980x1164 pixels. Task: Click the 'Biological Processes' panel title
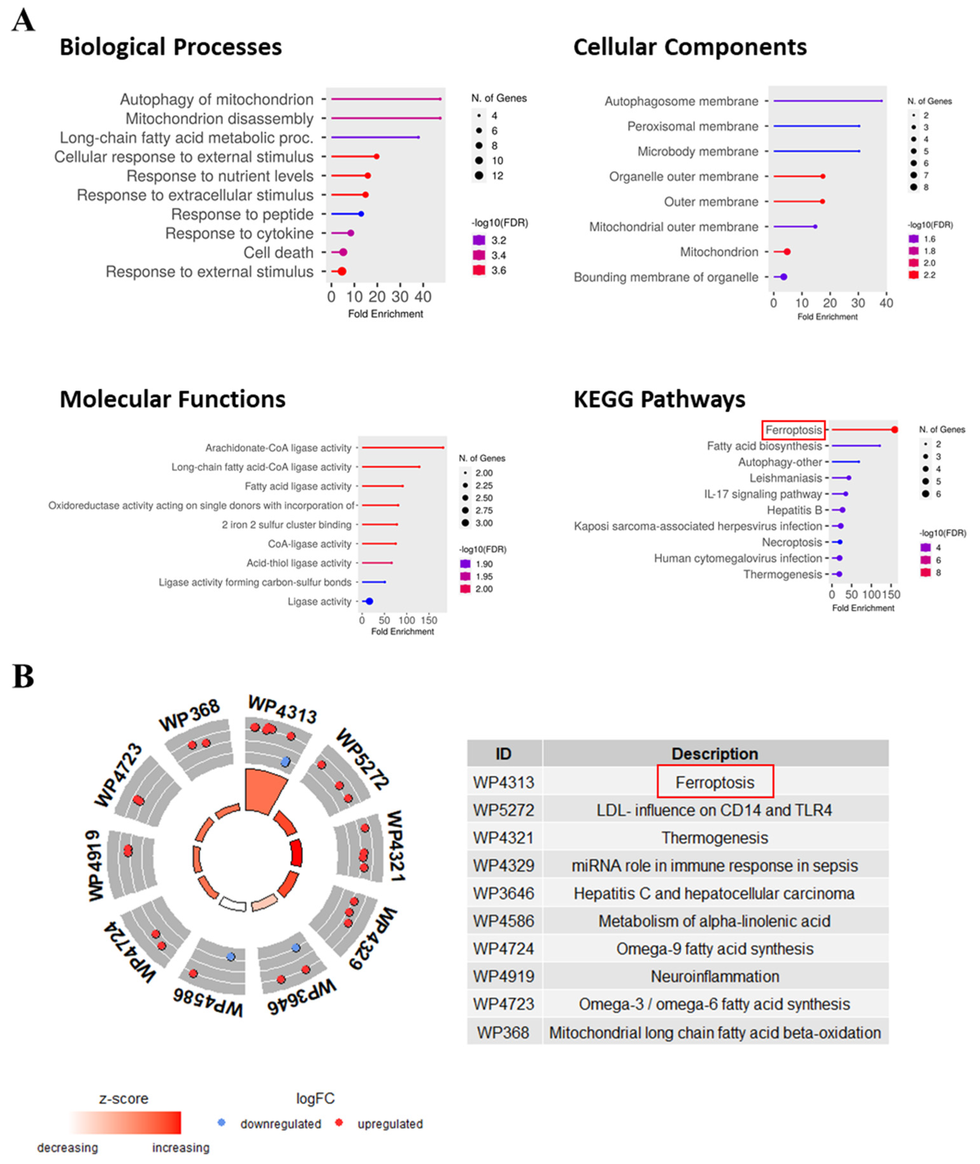click(x=171, y=47)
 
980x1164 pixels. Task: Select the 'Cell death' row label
click(x=278, y=253)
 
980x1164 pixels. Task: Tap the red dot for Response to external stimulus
click(x=342, y=272)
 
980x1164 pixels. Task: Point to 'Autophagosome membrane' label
click(x=681, y=101)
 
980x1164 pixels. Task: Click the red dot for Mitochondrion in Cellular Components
click(x=787, y=252)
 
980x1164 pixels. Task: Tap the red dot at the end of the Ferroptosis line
click(x=894, y=430)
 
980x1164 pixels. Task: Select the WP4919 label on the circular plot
click(x=95, y=865)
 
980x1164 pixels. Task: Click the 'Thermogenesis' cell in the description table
click(x=714, y=838)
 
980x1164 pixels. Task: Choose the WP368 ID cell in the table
click(x=503, y=1033)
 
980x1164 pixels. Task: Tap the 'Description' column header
click(x=714, y=754)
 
